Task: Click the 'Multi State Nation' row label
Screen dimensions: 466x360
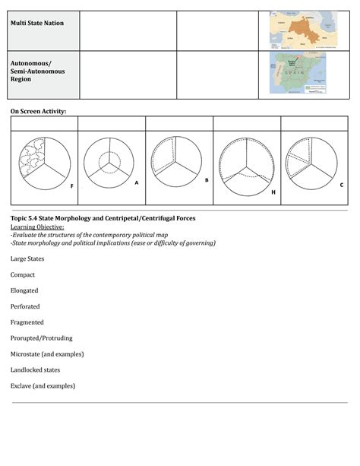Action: pyautogui.click(x=36, y=23)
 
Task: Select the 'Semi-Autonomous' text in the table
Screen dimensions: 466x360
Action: pyautogui.click(x=37, y=71)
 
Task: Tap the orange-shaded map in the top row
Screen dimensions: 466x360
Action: pyautogui.click(x=301, y=30)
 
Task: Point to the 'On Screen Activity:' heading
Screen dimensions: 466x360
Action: pyautogui.click(x=38, y=111)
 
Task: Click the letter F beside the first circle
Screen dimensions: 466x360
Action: pyautogui.click(x=72, y=185)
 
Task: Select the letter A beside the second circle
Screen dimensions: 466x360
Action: pyautogui.click(x=136, y=182)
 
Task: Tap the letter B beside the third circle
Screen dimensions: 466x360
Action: pyautogui.click(x=207, y=180)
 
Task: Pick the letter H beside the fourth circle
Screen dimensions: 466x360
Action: pyautogui.click(x=273, y=192)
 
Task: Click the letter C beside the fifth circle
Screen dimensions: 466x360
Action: pyautogui.click(x=341, y=185)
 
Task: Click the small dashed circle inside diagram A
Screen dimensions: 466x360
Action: pyautogui.click(x=108, y=163)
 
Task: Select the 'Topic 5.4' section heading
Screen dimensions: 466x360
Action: pyautogui.click(x=103, y=218)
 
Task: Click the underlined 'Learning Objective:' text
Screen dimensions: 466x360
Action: pyautogui.click(x=37, y=227)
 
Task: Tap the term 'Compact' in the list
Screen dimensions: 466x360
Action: pyautogui.click(x=23, y=274)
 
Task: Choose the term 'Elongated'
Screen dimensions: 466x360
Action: pyautogui.click(x=24, y=290)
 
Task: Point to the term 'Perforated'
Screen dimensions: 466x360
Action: pyautogui.click(x=25, y=306)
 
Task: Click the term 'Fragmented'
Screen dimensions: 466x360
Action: pyautogui.click(x=27, y=322)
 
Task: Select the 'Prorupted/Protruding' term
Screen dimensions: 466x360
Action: pyautogui.click(x=42, y=338)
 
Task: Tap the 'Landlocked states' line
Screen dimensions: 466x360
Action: pyautogui.click(x=35, y=370)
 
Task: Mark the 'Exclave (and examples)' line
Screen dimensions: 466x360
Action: pyautogui.click(x=43, y=386)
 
